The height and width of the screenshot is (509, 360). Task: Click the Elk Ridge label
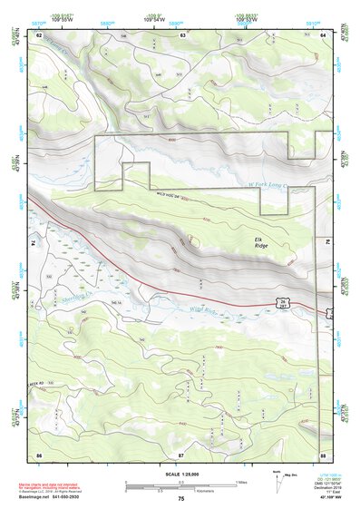point(261,242)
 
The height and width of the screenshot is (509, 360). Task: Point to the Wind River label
point(203,311)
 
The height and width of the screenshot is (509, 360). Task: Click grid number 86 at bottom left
point(39,453)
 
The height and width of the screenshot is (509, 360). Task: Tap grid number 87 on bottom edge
point(181,453)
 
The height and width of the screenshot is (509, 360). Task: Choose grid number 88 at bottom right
point(324,453)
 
